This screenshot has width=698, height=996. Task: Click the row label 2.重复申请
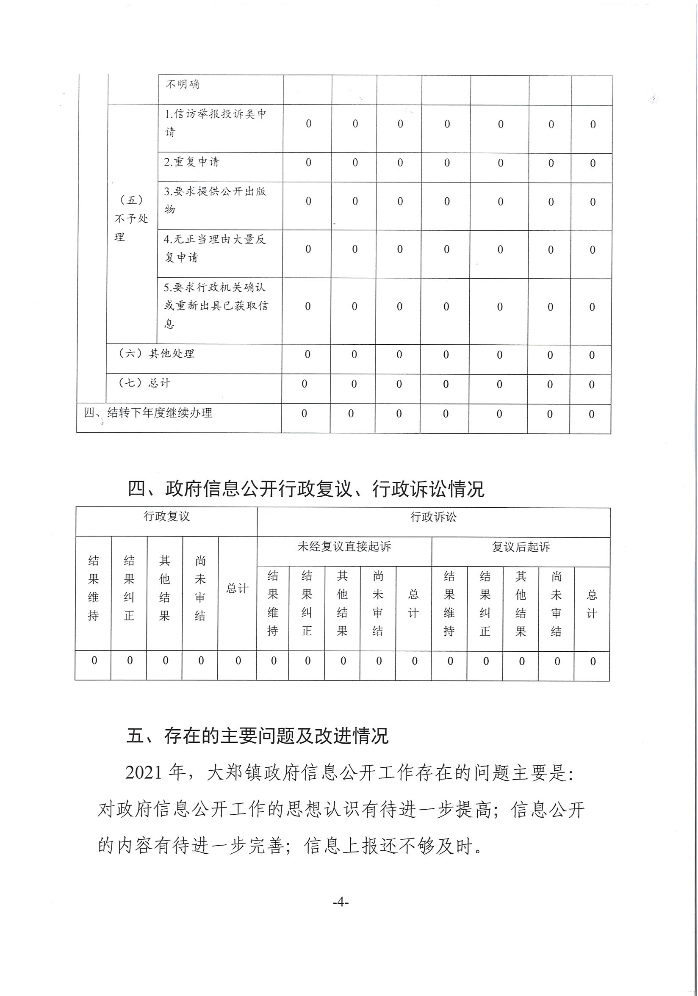(192, 162)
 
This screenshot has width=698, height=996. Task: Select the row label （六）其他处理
(157, 354)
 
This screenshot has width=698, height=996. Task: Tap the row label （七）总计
(144, 383)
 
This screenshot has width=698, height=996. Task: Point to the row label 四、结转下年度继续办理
(148, 412)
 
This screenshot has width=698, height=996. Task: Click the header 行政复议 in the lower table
(166, 516)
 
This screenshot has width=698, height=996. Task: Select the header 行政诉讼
(433, 517)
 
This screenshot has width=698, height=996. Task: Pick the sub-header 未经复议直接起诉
(344, 547)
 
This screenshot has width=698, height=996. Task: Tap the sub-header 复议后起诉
(521, 547)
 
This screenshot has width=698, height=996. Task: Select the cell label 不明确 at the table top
(182, 84)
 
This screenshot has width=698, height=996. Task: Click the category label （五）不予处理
(131, 218)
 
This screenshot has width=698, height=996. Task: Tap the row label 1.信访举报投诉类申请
(215, 123)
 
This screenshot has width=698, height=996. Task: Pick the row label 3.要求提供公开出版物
(215, 200)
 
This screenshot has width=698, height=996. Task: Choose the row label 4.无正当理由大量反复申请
(215, 249)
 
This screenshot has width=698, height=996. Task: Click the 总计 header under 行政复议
(237, 589)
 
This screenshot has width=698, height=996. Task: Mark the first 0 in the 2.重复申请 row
(308, 163)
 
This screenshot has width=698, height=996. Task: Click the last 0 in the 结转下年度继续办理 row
(591, 414)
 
